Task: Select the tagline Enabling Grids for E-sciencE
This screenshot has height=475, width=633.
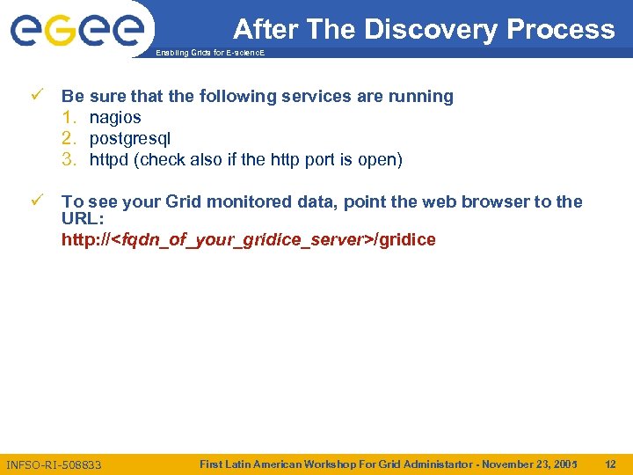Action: point(209,54)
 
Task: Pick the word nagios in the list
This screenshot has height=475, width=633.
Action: point(115,117)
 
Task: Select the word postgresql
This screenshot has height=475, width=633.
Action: point(130,138)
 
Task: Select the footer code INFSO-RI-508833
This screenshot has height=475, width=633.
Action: point(54,464)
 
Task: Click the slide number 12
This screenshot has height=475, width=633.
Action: point(610,464)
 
